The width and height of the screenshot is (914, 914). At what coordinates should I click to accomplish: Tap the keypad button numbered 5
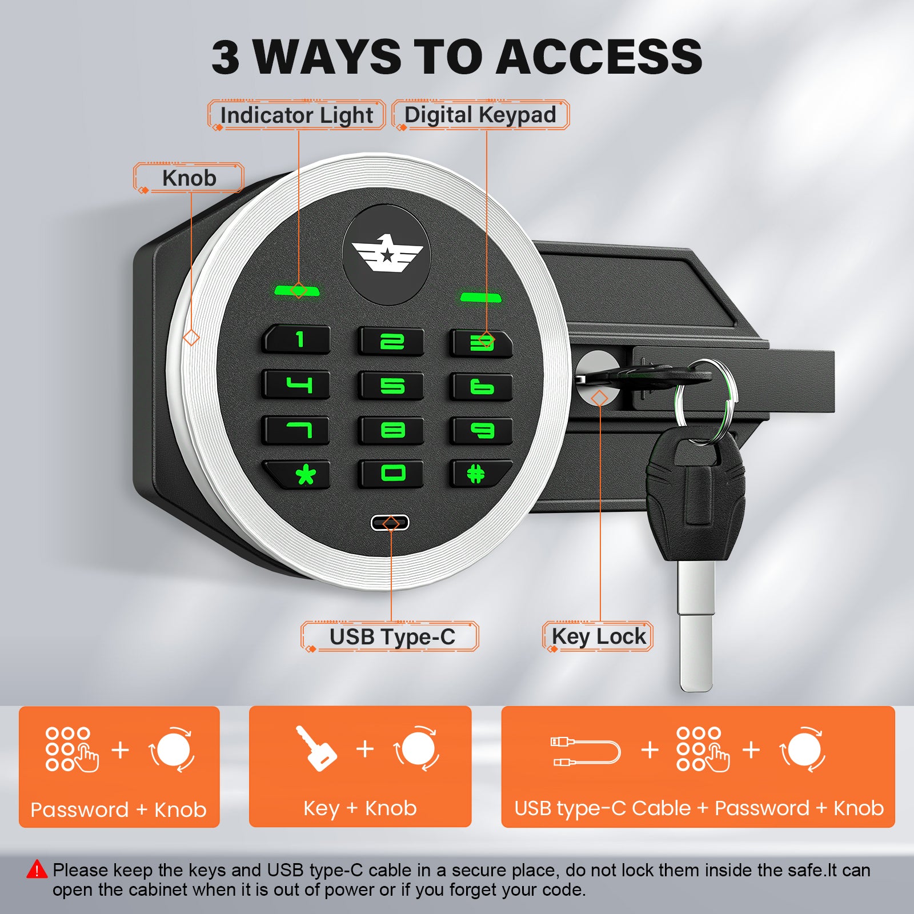(391, 386)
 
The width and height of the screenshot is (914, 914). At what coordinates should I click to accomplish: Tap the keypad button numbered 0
(391, 474)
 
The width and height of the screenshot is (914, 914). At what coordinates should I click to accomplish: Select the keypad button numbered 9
(480, 430)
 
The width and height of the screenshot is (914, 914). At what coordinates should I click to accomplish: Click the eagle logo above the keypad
(387, 254)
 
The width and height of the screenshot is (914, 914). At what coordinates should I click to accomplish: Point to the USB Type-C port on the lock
(390, 522)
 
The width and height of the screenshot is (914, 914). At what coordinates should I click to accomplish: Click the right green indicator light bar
(481, 297)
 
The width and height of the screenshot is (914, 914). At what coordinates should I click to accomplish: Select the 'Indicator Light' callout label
(296, 115)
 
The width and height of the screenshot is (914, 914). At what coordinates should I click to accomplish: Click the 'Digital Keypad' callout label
(480, 115)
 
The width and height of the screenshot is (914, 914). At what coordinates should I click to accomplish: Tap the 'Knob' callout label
(189, 178)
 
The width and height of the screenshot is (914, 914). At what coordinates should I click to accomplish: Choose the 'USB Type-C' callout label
(390, 636)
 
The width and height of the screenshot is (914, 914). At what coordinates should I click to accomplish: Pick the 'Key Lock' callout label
(598, 636)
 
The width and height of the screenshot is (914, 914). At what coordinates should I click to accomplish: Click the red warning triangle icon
(37, 869)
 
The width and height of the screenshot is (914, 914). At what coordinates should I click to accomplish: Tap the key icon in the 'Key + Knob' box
(316, 748)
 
